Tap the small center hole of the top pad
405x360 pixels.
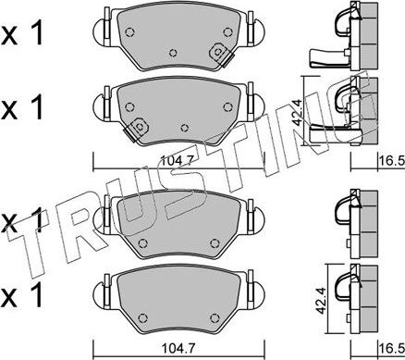click(174, 53)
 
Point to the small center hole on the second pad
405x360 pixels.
click(184, 128)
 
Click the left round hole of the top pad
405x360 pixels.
click(130, 31)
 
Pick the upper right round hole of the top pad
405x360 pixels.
click(227, 31)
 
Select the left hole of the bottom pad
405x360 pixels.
click(142, 318)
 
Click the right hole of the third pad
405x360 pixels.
click(215, 243)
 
